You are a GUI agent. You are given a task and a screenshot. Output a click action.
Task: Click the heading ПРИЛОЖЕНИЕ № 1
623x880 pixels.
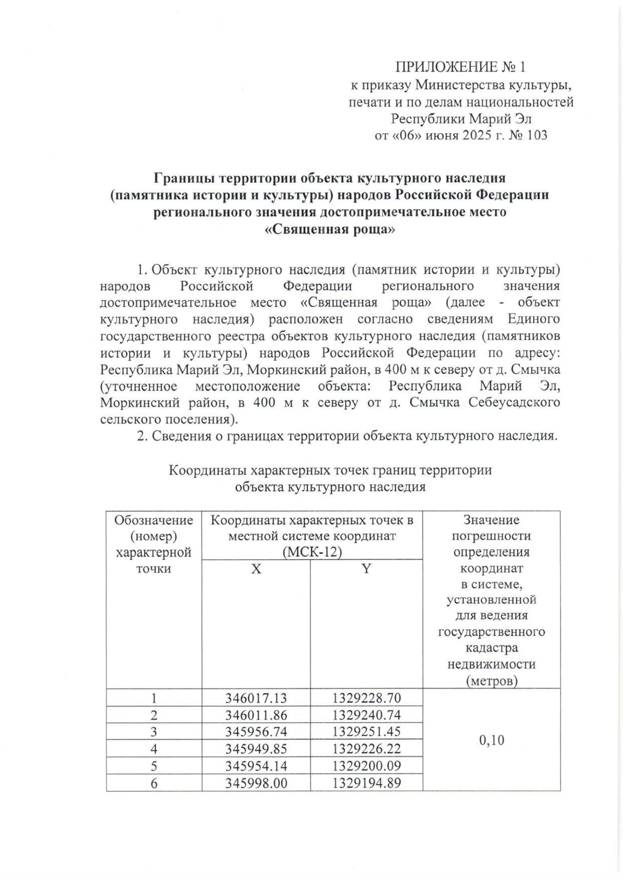461,66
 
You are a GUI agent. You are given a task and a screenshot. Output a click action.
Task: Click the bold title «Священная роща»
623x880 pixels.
330,229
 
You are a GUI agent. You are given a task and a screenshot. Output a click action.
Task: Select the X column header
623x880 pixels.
256,568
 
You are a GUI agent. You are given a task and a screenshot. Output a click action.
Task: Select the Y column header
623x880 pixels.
367,568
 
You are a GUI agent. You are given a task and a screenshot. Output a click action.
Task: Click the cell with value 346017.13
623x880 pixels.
256,698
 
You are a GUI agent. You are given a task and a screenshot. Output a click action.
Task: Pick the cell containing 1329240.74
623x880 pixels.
367,715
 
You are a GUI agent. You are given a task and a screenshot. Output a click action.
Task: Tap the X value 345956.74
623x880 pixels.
256,732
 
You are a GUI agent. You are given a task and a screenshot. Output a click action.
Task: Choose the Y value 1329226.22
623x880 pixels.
367,749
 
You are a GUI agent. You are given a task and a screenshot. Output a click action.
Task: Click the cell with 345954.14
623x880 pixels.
256,766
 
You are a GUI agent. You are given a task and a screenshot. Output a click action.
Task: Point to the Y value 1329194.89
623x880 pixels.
367,783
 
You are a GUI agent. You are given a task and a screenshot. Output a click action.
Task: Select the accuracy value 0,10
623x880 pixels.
491,740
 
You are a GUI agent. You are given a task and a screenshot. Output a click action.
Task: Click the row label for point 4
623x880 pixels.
154,749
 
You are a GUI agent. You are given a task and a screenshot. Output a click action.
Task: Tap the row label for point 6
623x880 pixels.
154,783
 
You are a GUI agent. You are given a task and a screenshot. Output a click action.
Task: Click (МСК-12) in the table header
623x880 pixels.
312,552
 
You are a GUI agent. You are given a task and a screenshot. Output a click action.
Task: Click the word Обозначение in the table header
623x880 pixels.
154,520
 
